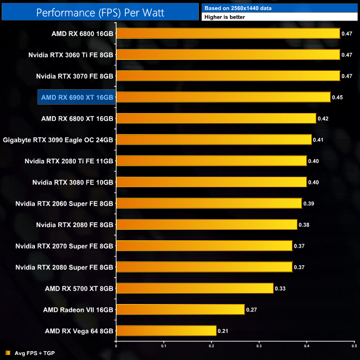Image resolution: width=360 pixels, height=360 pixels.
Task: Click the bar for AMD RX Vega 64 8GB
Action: (166, 331)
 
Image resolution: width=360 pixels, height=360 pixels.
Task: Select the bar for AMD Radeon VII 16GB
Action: (180, 309)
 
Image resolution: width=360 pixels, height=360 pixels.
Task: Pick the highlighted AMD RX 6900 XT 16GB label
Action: (76, 97)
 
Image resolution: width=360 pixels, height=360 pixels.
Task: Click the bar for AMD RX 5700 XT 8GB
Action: (194, 288)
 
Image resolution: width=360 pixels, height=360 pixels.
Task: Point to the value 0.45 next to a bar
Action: (337, 97)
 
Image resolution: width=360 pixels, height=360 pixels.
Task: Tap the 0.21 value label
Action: (223, 331)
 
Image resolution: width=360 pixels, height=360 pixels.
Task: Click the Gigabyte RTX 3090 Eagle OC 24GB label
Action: (58, 140)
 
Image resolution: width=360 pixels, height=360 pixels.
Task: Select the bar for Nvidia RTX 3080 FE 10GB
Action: (211, 182)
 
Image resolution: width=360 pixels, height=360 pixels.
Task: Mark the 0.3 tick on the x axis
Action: (259, 346)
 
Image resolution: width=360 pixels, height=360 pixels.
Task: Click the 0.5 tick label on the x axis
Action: (354, 346)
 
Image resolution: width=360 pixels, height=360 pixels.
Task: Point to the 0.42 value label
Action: (323, 119)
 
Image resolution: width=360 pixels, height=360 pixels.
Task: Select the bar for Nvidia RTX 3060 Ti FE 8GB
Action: (228, 55)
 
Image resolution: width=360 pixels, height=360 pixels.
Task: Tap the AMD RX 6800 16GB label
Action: (83, 34)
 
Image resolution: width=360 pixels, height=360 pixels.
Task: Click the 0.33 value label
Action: (280, 288)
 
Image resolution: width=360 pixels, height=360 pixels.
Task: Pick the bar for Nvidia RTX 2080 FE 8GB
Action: (207, 224)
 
